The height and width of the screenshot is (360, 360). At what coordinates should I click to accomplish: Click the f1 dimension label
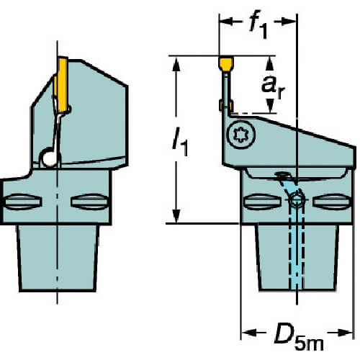[x=258, y=27]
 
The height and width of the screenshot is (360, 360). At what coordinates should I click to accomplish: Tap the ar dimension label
[x=273, y=88]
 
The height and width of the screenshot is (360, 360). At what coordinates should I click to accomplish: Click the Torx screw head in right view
[x=241, y=135]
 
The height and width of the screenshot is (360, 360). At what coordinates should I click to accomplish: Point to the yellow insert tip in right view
[x=226, y=63]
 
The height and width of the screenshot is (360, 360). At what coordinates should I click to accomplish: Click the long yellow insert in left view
[x=62, y=85]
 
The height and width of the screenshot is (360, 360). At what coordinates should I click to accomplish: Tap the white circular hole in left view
[x=49, y=158]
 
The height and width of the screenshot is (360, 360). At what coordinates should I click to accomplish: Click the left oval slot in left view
[x=23, y=202]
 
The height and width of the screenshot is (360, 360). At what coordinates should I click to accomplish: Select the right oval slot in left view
[x=90, y=202]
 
